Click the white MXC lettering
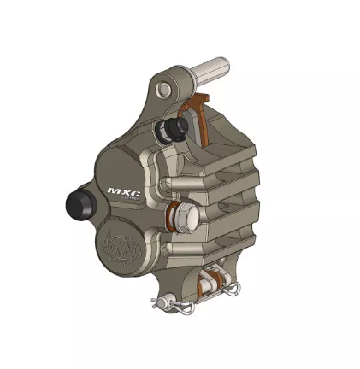tap(125, 192)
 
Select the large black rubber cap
tap(79, 205)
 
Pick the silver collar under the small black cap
tap(162, 134)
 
